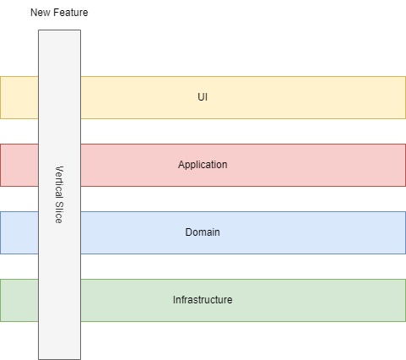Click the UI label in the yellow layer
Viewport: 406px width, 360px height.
pos(203,97)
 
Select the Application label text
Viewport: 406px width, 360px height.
pos(203,165)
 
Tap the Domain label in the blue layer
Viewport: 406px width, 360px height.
pos(203,232)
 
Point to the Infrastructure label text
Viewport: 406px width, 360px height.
pos(203,300)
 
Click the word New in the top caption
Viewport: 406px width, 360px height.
pos(41,14)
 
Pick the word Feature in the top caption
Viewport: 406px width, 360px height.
pos(70,14)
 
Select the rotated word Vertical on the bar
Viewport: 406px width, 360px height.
pos(59,182)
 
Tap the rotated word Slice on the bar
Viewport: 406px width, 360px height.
pos(59,212)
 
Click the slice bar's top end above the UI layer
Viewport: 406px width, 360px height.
pos(59,51)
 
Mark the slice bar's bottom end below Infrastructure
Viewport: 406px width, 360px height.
pos(59,341)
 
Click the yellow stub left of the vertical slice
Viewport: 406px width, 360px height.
pos(19,97)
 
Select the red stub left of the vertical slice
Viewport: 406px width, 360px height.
pos(19,165)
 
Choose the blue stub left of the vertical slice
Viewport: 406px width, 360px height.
pos(19,232)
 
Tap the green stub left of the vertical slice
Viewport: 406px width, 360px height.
pos(19,300)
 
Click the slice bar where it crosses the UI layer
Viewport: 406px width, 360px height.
pos(59,97)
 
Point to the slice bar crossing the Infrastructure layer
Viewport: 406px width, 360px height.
pos(59,300)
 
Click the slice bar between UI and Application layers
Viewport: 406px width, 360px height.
pos(59,131)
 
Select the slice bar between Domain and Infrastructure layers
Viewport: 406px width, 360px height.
pos(59,266)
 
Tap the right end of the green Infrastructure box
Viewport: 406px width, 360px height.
pos(397,300)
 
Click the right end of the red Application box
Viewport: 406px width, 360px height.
pos(397,165)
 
